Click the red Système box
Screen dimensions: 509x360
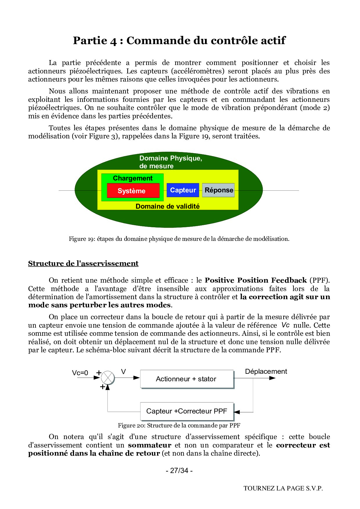click(133, 191)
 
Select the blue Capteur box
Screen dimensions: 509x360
click(183, 190)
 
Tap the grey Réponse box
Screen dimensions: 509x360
click(218, 190)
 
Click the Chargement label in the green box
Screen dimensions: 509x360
click(133, 178)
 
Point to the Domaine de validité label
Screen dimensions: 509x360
click(168, 206)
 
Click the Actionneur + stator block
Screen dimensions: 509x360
click(187, 379)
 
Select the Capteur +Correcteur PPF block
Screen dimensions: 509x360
click(187, 411)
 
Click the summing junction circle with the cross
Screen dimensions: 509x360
click(108, 378)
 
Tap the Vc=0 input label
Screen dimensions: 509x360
click(80, 373)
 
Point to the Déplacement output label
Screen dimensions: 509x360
click(266, 371)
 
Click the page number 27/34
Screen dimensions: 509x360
click(179, 470)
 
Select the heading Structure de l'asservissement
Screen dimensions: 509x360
click(83, 263)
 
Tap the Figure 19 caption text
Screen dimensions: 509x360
click(179, 239)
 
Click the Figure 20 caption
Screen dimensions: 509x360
click(179, 425)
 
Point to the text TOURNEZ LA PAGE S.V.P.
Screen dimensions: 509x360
click(283, 488)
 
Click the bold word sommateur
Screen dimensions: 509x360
click(150, 445)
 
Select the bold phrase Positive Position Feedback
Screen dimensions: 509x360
click(255, 280)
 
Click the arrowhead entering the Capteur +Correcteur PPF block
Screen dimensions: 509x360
click(237, 412)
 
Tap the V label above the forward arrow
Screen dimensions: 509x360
click(123, 372)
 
